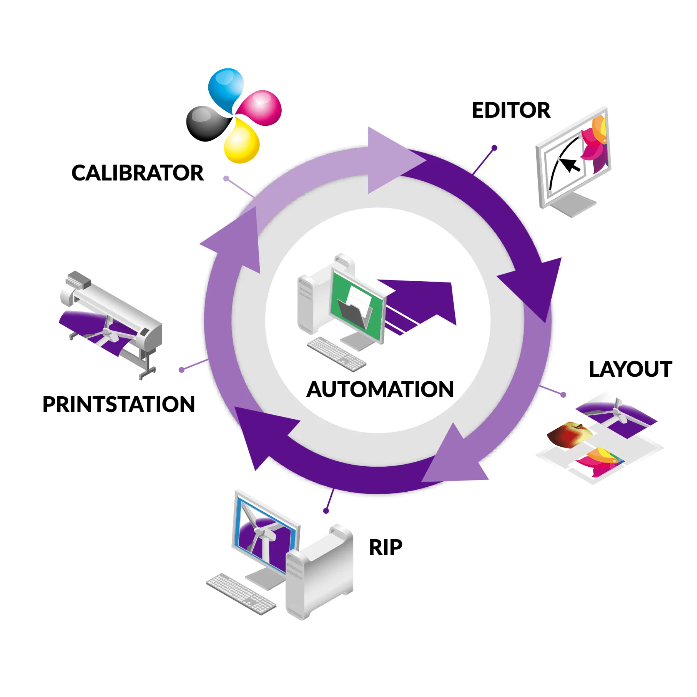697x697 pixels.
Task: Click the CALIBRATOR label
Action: coord(137,173)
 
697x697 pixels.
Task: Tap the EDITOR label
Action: coord(511,110)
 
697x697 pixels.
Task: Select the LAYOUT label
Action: coord(630,369)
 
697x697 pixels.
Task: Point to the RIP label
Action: coord(385,547)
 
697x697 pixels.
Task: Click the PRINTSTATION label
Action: coord(119,404)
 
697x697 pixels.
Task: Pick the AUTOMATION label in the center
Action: coord(380,390)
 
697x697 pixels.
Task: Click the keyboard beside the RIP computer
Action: coord(241,594)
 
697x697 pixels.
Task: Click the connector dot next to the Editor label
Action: coord(495,147)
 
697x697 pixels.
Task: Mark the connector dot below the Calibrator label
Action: coord(226,178)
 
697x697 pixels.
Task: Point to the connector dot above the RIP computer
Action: coord(326,511)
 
